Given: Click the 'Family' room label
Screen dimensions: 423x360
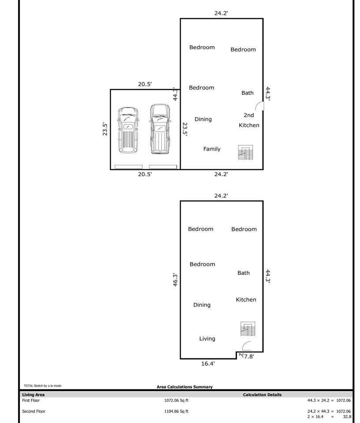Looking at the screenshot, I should (212, 149).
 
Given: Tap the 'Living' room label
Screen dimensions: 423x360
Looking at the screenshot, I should (207, 338).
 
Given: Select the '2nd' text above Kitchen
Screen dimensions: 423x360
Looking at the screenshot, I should (249, 115).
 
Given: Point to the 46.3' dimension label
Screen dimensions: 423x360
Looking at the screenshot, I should (175, 280).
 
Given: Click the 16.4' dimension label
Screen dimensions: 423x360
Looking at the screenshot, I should (208, 364).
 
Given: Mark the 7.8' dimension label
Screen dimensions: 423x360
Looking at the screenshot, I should (249, 356).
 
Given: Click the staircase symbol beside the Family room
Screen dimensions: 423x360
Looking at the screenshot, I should (245, 152).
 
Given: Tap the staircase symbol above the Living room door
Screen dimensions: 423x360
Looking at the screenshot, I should (248, 329).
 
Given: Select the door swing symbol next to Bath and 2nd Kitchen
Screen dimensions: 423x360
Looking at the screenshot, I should (260, 106).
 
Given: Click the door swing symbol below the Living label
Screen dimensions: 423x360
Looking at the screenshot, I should (247, 346).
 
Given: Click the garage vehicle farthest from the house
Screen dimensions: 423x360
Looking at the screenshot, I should (128, 130).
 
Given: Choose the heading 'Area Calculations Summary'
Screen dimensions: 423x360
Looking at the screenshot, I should (185, 387).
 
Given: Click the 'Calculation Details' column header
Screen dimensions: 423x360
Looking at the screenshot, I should (262, 395).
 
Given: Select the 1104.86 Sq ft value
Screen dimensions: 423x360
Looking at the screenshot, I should (176, 411).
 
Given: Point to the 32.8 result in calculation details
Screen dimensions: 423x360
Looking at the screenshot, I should (346, 416).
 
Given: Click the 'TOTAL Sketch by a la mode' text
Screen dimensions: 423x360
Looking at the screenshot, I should (42, 386).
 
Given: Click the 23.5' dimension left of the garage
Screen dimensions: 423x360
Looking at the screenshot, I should (105, 129).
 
